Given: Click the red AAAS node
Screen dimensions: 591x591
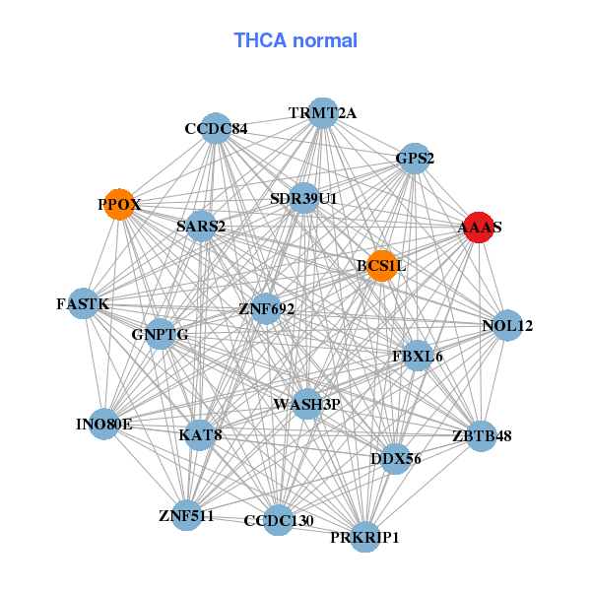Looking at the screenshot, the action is (x=480, y=228).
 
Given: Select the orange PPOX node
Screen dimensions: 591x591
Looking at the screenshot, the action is (x=119, y=205).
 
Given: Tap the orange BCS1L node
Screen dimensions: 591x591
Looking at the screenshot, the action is (x=381, y=265).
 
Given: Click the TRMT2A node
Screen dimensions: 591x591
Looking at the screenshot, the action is (x=322, y=113).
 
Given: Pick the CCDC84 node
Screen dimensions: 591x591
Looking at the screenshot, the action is (x=217, y=129).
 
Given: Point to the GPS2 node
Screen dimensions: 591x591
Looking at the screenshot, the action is (x=415, y=159).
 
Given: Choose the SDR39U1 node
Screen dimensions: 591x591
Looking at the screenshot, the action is (x=304, y=199).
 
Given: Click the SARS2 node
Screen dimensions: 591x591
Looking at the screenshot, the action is (x=201, y=227).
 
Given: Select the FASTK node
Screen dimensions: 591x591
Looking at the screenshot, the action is (x=83, y=304).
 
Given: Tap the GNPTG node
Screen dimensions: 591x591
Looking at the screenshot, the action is (x=160, y=334).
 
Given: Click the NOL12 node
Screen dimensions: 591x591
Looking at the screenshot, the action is (x=506, y=326).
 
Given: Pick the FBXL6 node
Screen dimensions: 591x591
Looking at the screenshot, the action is (x=418, y=356).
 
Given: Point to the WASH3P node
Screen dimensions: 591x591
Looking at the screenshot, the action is (x=307, y=404).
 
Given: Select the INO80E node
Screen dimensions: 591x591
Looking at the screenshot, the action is (x=103, y=425).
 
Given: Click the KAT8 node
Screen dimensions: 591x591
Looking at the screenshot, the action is (x=199, y=434).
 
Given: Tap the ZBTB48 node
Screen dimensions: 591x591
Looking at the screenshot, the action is (x=481, y=435).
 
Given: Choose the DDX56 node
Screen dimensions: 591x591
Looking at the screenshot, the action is (x=395, y=458).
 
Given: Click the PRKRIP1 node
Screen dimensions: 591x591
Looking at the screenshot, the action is (x=365, y=537).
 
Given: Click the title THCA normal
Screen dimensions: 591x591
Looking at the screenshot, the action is (x=295, y=40).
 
